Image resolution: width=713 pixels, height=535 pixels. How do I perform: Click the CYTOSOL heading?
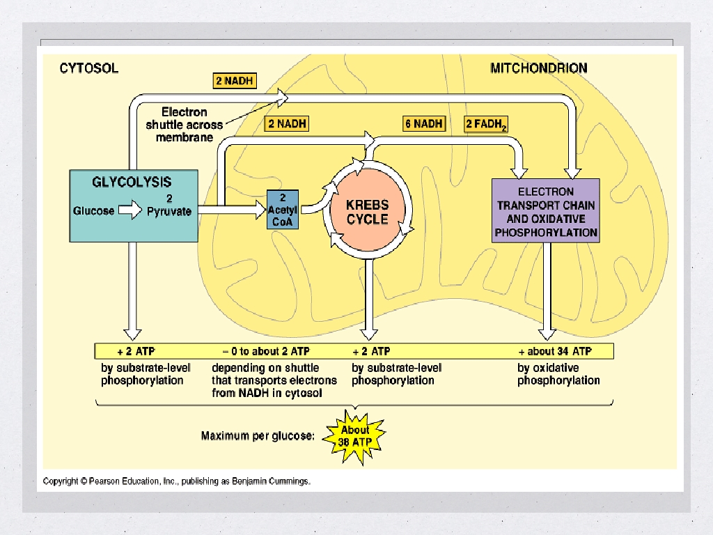pyautogui.click(x=88, y=68)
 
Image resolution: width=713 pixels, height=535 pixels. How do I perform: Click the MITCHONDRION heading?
pyautogui.click(x=538, y=68)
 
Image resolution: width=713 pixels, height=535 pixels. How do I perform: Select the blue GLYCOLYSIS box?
pyautogui.click(x=133, y=206)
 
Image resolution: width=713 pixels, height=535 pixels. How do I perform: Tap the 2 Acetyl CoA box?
pyautogui.click(x=283, y=209)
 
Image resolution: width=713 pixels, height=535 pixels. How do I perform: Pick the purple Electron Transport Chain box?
pyautogui.click(x=545, y=210)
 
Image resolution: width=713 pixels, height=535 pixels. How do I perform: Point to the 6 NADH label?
pyautogui.click(x=423, y=124)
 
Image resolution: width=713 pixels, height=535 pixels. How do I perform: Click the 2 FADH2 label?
pyautogui.click(x=486, y=125)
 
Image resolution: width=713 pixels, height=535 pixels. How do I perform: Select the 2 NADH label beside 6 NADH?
pyautogui.click(x=286, y=124)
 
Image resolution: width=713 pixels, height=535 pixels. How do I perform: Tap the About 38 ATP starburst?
pyautogui.click(x=354, y=436)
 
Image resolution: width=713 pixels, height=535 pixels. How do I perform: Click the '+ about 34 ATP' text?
pyautogui.click(x=555, y=351)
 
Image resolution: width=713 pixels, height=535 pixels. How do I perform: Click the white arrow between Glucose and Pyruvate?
pyautogui.click(x=130, y=210)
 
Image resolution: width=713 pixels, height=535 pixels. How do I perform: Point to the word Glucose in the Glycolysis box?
pyautogui.click(x=94, y=210)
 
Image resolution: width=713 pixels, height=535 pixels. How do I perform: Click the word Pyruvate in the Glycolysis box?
pyautogui.click(x=169, y=211)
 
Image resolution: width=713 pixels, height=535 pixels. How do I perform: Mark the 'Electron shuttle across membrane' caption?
pyautogui.click(x=184, y=125)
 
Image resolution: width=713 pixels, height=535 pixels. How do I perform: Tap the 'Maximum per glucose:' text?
pyautogui.click(x=258, y=436)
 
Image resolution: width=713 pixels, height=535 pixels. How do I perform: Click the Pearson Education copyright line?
pyautogui.click(x=176, y=481)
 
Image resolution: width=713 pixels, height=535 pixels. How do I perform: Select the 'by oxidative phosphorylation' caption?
pyautogui.click(x=558, y=374)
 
